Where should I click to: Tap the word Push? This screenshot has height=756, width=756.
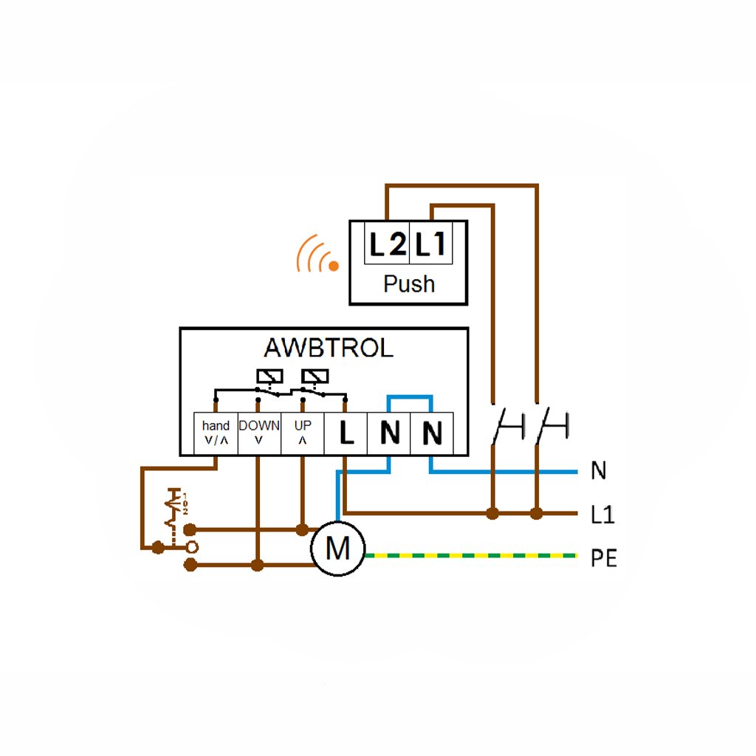(408, 283)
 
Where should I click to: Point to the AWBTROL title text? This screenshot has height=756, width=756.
(329, 348)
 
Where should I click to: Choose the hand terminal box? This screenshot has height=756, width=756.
(216, 433)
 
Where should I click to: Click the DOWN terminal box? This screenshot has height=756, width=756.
(259, 433)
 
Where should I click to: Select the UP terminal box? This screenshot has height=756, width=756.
(303, 433)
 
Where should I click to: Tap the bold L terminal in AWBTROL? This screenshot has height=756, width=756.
(346, 433)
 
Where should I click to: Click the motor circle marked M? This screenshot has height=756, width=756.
(338, 549)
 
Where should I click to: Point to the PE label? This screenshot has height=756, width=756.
(603, 559)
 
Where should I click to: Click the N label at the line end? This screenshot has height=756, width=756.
(598, 471)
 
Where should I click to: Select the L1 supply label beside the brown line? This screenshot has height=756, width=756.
(602, 515)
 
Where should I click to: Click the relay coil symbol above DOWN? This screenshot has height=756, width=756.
(269, 376)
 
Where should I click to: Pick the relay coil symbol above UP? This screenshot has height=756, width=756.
(315, 376)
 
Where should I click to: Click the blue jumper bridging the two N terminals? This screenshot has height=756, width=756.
(410, 398)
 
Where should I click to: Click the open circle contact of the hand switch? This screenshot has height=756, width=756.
(191, 547)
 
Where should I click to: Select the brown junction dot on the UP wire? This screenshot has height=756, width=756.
(301, 529)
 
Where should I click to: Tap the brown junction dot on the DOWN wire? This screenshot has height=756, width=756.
(257, 566)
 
